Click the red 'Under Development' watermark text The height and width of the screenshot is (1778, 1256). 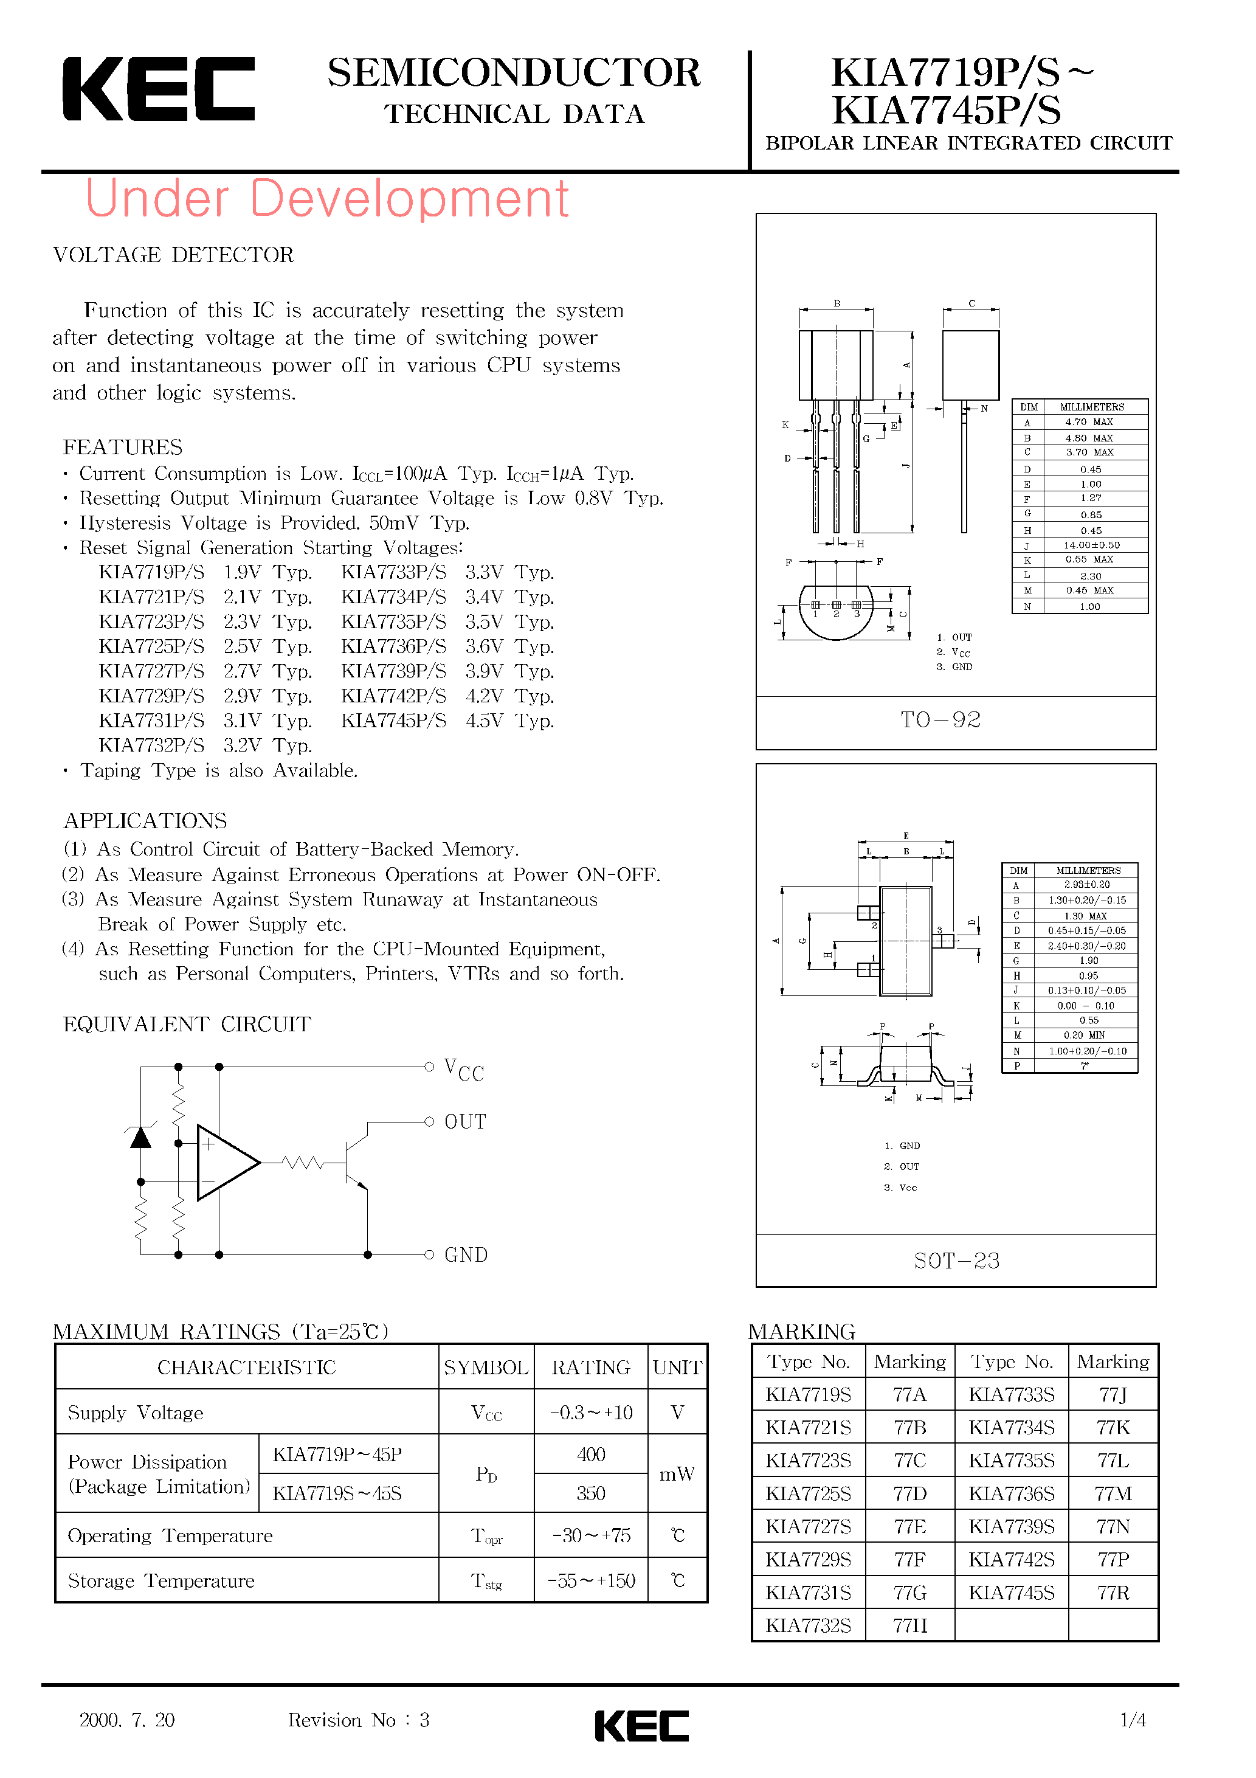(x=327, y=198)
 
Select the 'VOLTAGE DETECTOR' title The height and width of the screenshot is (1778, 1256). (x=173, y=255)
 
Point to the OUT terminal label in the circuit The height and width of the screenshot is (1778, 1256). (x=464, y=1122)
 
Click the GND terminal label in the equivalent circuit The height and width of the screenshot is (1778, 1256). (x=466, y=1255)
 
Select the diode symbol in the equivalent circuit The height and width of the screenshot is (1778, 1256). (x=140, y=1138)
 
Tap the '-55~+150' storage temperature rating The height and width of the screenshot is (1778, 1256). (x=591, y=1580)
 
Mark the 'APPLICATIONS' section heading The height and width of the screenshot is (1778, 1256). (x=145, y=821)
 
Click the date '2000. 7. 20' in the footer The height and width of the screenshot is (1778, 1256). (x=127, y=1720)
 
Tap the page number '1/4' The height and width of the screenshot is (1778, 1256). (x=1133, y=1720)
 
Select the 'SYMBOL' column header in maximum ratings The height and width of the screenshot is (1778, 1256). (x=486, y=1368)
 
